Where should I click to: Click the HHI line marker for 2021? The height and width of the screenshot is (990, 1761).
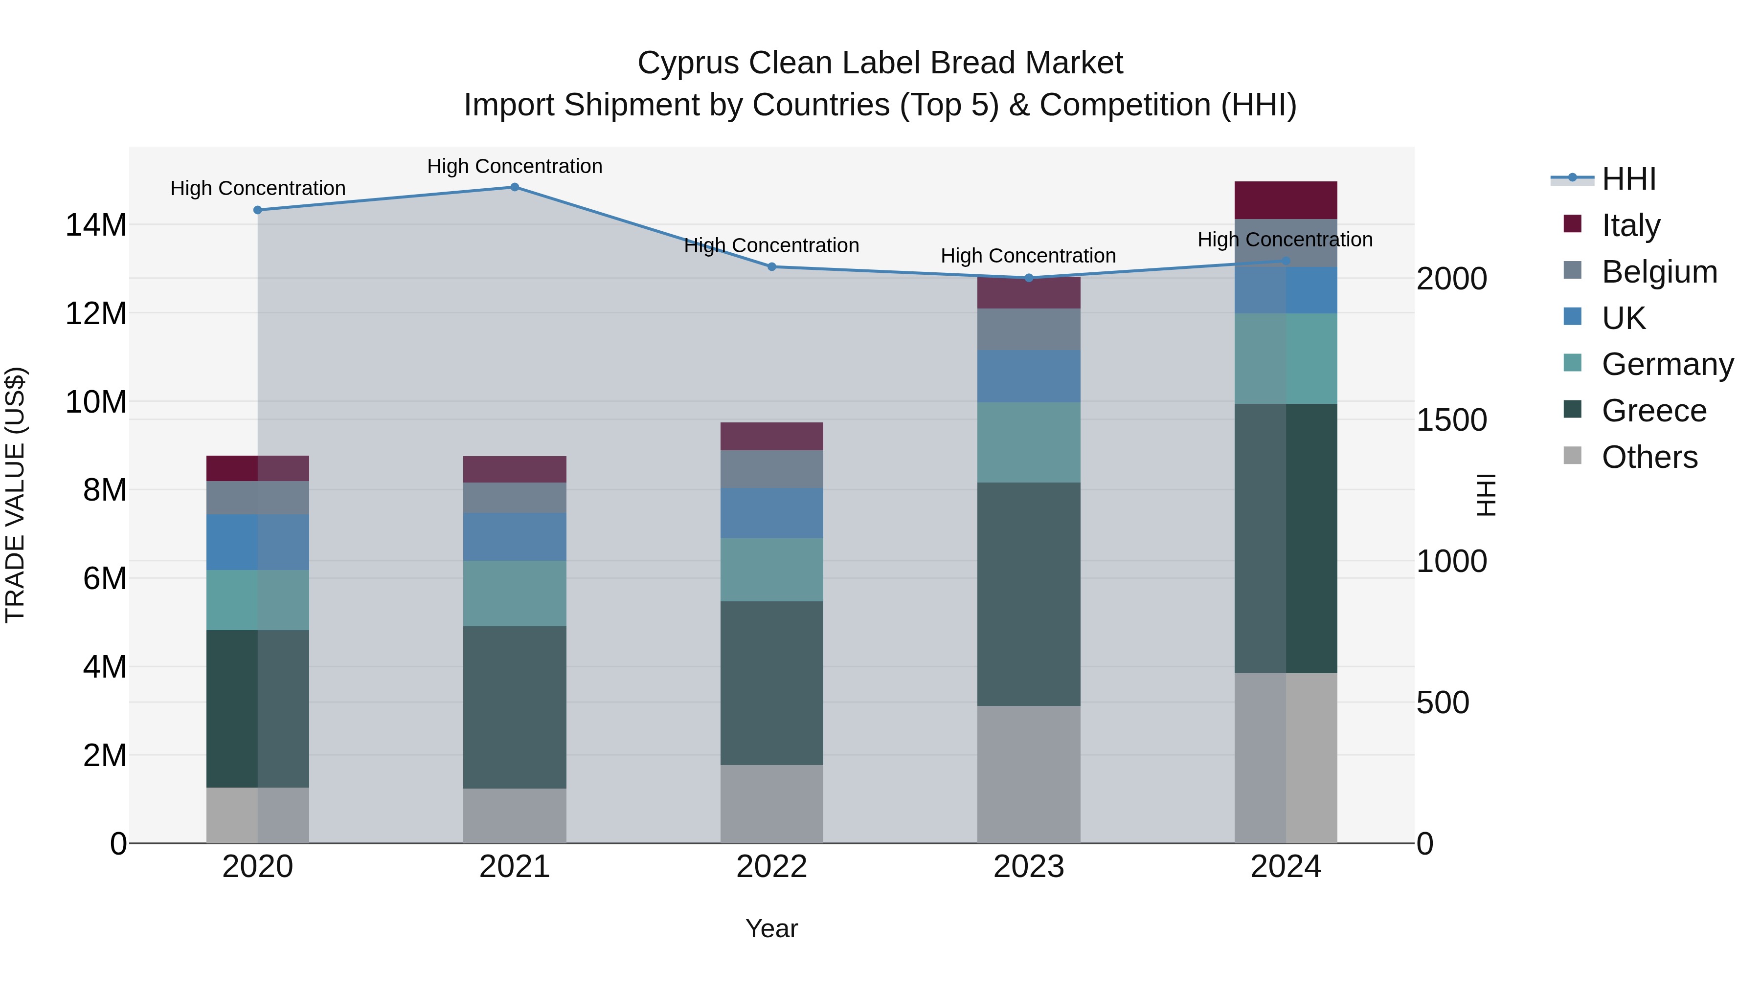tap(515, 187)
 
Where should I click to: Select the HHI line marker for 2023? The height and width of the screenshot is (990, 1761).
tap(1029, 278)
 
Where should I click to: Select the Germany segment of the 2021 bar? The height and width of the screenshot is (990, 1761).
tap(515, 593)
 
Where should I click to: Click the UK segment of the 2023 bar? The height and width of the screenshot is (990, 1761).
tap(1029, 376)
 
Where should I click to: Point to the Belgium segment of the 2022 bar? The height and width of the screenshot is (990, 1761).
tap(772, 469)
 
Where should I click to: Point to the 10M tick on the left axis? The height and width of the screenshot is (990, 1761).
tap(96, 402)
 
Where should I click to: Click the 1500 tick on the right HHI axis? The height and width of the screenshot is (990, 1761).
tap(1451, 419)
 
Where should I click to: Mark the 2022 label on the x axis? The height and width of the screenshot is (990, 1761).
tap(772, 867)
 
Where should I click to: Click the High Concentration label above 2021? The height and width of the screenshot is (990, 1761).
tap(515, 166)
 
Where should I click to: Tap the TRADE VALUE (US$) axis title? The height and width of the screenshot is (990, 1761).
tap(15, 495)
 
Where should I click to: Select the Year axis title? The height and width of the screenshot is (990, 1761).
tap(772, 928)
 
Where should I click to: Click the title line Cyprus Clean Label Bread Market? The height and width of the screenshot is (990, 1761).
tap(880, 63)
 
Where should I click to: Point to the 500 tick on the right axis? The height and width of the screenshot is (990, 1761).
tap(1443, 703)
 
